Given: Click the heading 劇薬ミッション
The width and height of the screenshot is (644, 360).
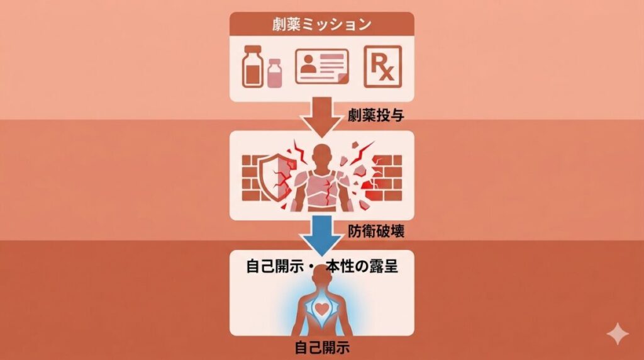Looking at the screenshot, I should pyautogui.click(x=320, y=26).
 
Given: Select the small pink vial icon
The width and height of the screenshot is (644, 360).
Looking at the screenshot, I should pyautogui.click(x=274, y=75).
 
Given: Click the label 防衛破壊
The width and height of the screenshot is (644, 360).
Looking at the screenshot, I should pyautogui.click(x=375, y=232).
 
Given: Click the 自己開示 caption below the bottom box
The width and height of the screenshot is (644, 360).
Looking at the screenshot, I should pyautogui.click(x=322, y=348).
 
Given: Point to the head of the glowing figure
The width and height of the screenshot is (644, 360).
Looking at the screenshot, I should pyautogui.click(x=322, y=280).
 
